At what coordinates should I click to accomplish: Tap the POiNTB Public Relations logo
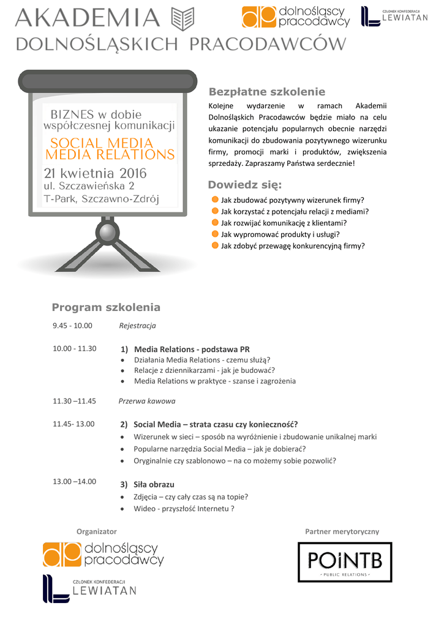pos(344,561)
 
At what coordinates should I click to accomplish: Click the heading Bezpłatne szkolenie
pos(267,92)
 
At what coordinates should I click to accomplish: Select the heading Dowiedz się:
pos(245,185)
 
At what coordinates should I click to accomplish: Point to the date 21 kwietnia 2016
pos(95,173)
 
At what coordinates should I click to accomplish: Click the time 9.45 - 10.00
pos(72,325)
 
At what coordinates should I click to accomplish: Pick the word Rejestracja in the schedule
pos(137,325)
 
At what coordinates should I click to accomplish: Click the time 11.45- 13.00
pos(73,423)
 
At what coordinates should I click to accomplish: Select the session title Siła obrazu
pos(154,484)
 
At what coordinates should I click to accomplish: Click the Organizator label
pos(96,531)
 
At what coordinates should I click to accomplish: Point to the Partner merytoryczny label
pos(342,531)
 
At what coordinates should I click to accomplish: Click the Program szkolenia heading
pos(106,307)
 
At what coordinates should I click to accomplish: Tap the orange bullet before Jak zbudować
pos(215,200)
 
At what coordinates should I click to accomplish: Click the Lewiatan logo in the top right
pos(394,17)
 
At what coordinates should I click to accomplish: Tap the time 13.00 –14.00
pos(74,481)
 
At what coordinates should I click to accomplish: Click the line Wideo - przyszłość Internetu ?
pos(184,508)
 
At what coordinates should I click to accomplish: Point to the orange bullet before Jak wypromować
pos(215,234)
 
